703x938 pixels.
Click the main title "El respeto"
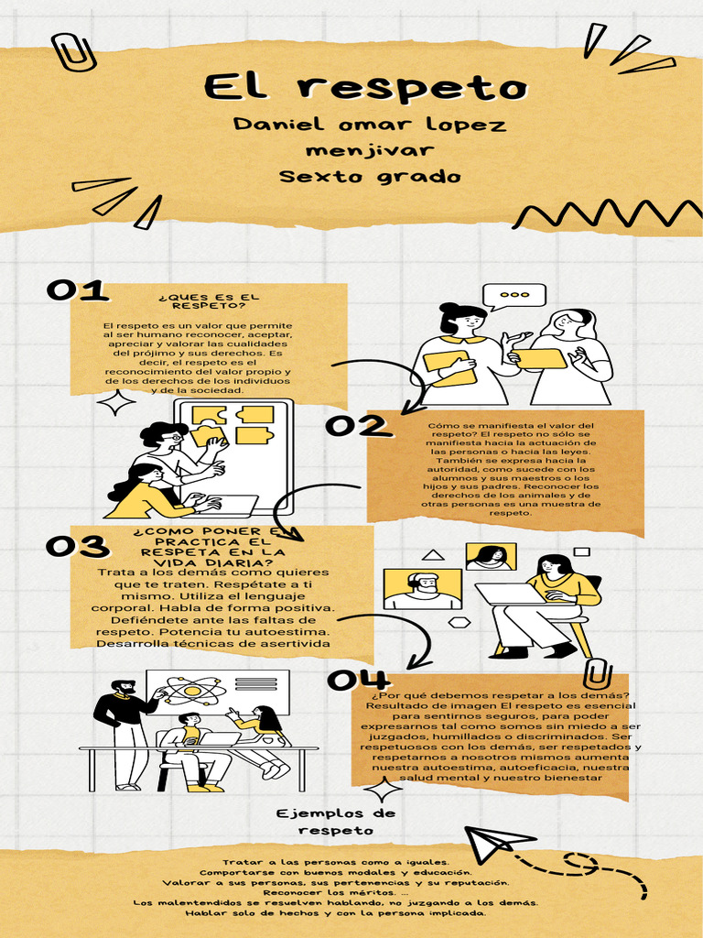(366, 87)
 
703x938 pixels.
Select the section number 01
(77, 290)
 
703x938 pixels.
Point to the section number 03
(78, 546)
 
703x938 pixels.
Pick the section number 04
(358, 681)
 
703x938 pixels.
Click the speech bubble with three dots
(514, 296)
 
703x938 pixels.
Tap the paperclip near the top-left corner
(73, 52)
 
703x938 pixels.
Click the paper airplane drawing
(499, 844)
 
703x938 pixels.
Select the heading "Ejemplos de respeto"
(335, 822)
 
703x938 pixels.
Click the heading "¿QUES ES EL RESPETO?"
(209, 300)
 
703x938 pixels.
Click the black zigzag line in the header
(608, 213)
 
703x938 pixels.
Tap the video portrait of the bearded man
(423, 589)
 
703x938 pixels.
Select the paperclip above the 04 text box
(598, 673)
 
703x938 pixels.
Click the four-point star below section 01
(116, 403)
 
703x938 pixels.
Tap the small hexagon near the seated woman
(460, 623)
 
